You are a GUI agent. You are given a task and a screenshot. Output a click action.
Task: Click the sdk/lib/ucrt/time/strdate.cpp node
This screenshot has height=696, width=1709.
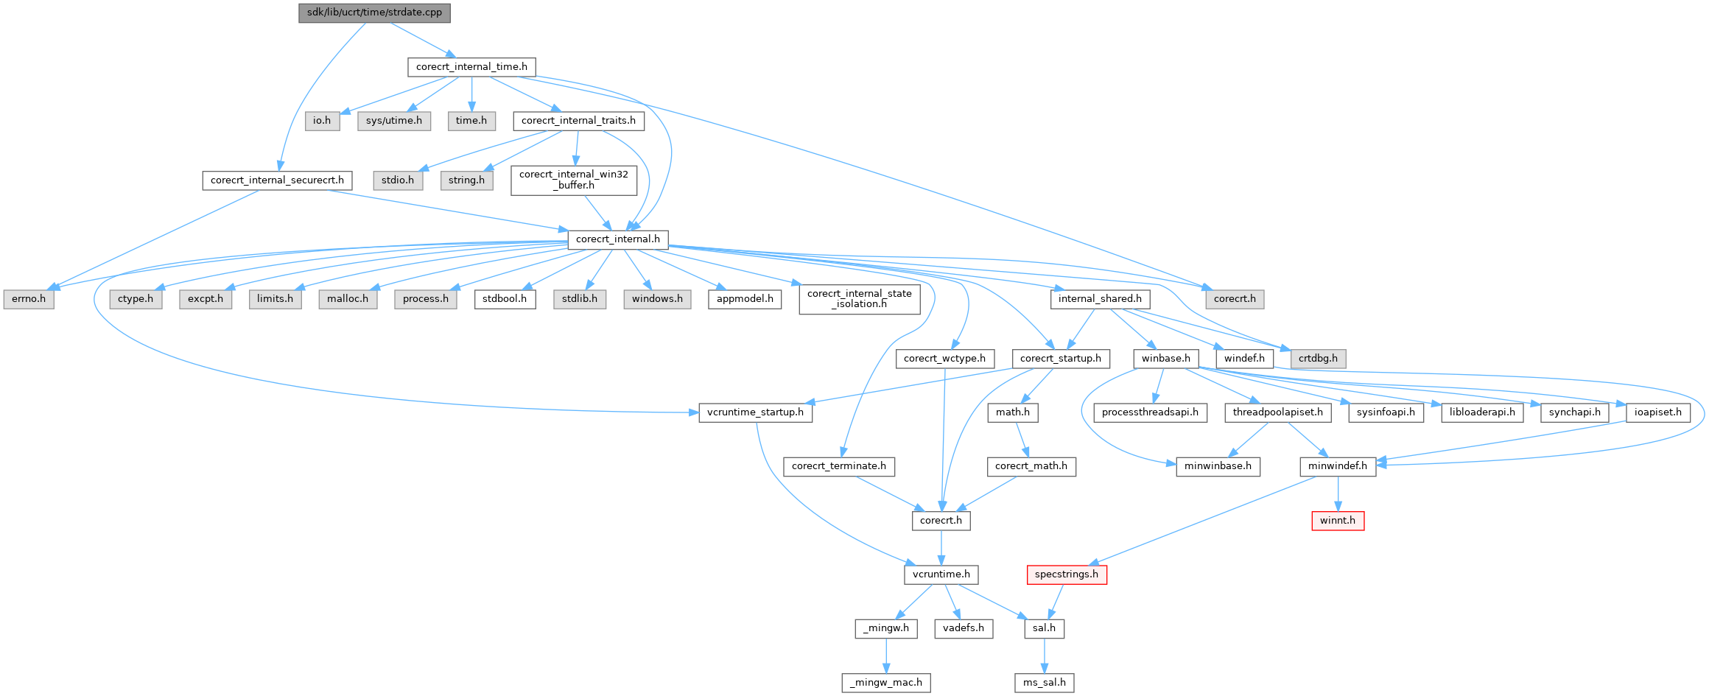coord(374,13)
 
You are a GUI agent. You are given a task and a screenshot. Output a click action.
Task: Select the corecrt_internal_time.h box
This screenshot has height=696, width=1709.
coord(471,67)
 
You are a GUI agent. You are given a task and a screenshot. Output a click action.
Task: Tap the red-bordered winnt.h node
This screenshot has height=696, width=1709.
coord(1337,521)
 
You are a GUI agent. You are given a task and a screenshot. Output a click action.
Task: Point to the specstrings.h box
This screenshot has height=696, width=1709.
coord(1066,574)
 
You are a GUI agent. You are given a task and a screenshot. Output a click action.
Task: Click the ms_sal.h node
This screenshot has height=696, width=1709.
coord(1044,683)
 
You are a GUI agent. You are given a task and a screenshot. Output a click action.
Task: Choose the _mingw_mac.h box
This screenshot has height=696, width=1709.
coord(886,683)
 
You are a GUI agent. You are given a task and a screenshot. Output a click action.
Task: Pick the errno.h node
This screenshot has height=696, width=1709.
coord(29,299)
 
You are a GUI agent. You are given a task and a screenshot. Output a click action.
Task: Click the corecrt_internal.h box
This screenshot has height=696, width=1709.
coord(617,239)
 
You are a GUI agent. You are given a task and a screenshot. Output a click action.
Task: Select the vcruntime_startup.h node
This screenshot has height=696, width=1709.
coord(755,412)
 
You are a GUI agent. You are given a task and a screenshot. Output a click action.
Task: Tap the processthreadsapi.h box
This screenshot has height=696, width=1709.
coord(1150,412)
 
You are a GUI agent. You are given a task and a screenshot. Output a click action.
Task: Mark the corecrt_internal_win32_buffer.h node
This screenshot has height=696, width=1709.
coord(574,180)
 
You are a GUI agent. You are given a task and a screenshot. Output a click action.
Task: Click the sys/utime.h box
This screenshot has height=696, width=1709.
coord(394,121)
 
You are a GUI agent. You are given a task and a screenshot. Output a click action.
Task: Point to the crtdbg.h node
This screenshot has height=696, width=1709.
coord(1318,359)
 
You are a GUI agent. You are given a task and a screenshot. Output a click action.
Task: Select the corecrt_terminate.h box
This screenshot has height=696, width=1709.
coord(838,466)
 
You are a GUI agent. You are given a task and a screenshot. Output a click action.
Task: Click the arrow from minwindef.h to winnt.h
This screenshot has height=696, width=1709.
coord(1337,493)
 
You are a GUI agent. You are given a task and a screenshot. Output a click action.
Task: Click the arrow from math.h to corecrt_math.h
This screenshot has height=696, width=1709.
coord(1021,440)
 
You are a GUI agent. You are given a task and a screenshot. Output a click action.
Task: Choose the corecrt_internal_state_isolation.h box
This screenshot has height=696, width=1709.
coord(859,299)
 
